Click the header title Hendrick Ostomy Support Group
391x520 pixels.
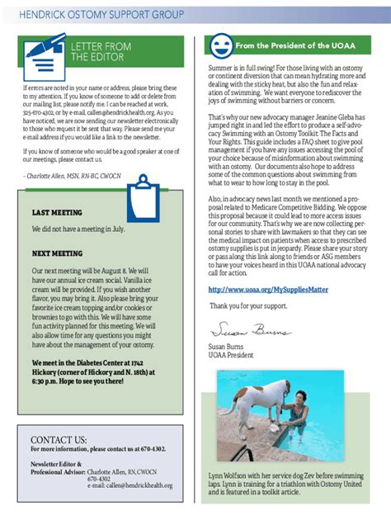tap(101, 15)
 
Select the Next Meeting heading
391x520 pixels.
tap(58, 254)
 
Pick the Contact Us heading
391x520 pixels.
tap(59, 439)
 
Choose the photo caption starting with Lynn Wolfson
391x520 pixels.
tap(285, 483)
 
